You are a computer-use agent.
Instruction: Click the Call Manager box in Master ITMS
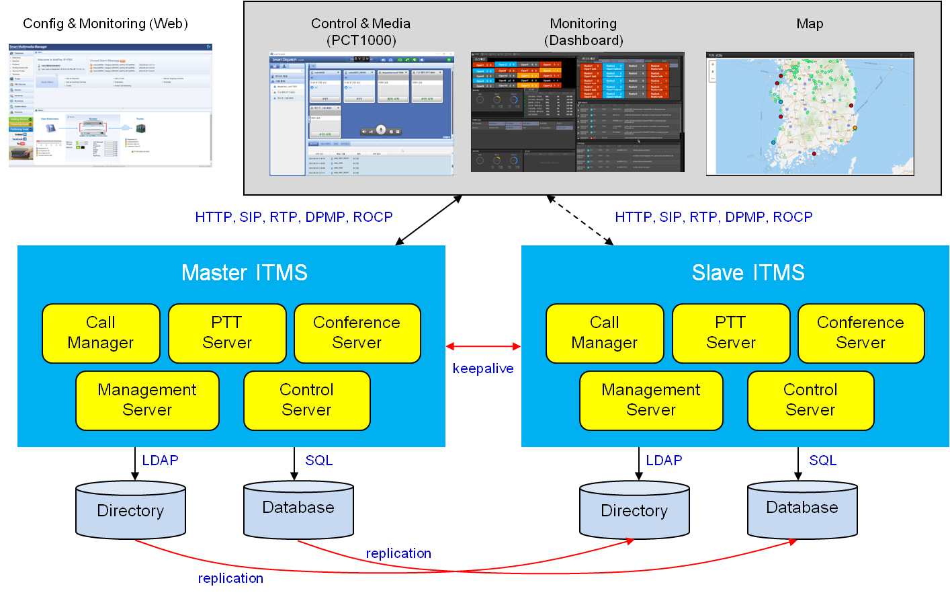point(101,333)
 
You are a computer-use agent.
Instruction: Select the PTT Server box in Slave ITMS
point(731,333)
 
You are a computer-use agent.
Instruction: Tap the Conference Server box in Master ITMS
point(357,333)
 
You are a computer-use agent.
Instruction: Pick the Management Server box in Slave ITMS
point(651,400)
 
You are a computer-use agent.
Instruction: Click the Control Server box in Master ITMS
point(306,400)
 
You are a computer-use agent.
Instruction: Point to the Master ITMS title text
point(245,273)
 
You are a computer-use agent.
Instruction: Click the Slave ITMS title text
point(748,273)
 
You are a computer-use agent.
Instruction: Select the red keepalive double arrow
point(483,346)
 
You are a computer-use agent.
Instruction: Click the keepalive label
point(483,368)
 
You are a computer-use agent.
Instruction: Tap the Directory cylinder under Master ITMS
point(130,510)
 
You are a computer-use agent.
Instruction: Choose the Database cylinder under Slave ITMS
point(802,509)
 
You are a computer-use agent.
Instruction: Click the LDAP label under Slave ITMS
point(664,461)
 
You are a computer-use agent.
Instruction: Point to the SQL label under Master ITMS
point(319,461)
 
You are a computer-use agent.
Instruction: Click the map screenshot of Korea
point(810,114)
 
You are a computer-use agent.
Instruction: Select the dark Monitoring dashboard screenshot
point(577,112)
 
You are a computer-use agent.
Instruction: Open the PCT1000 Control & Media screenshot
point(361,114)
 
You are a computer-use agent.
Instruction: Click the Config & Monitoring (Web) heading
point(105,24)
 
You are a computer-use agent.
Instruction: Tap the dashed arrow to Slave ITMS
point(580,220)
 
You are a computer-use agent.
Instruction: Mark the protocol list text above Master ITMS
point(294,217)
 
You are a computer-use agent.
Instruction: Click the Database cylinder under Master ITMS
point(298,509)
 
